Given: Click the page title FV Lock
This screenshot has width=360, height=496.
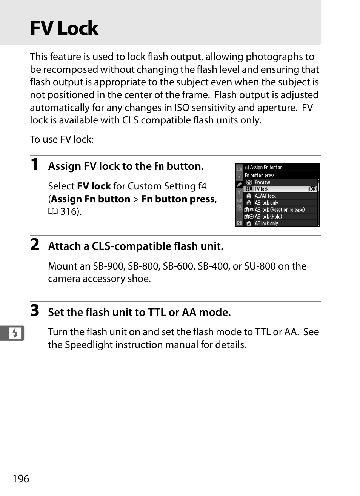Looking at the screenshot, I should pos(64,29).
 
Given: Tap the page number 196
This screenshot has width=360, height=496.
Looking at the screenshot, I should pos(21,479).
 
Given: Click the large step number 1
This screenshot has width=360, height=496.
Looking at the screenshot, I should pos(34,165).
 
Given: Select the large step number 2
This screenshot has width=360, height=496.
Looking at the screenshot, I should pos(34,245).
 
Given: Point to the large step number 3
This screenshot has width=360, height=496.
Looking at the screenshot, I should pos(34,311).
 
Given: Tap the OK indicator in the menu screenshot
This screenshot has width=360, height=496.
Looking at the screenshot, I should pos(312,189).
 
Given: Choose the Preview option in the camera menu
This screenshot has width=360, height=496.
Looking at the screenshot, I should pos(262,182).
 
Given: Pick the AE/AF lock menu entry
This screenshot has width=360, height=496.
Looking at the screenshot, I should pos(265,196).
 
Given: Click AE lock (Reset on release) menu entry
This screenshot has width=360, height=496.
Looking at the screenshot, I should pos(279,210).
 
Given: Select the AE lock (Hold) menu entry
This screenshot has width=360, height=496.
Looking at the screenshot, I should pos(268,217).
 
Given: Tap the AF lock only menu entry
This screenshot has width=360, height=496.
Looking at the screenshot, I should pos(266,223).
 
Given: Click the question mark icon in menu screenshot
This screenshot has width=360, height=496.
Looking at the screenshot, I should pos(239,223).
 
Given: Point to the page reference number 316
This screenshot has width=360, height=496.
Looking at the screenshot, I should pos(68,212).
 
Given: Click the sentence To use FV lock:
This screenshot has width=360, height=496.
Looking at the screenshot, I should pos(62,140).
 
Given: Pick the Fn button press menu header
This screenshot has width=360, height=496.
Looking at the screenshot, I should pos(260,176).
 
